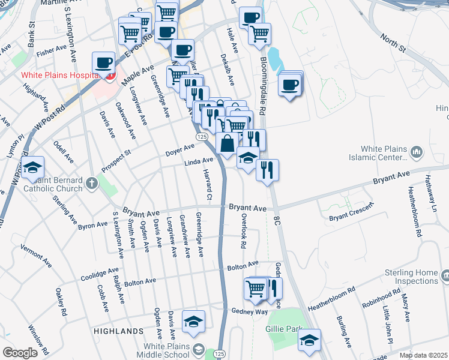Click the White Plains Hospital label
coord(59,76)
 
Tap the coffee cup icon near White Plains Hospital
coord(103,62)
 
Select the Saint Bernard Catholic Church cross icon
coord(91,182)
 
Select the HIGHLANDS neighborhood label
coord(118,331)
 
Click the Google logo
coord(20,353)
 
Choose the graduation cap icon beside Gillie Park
coord(309,340)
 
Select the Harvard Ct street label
coord(209,187)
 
